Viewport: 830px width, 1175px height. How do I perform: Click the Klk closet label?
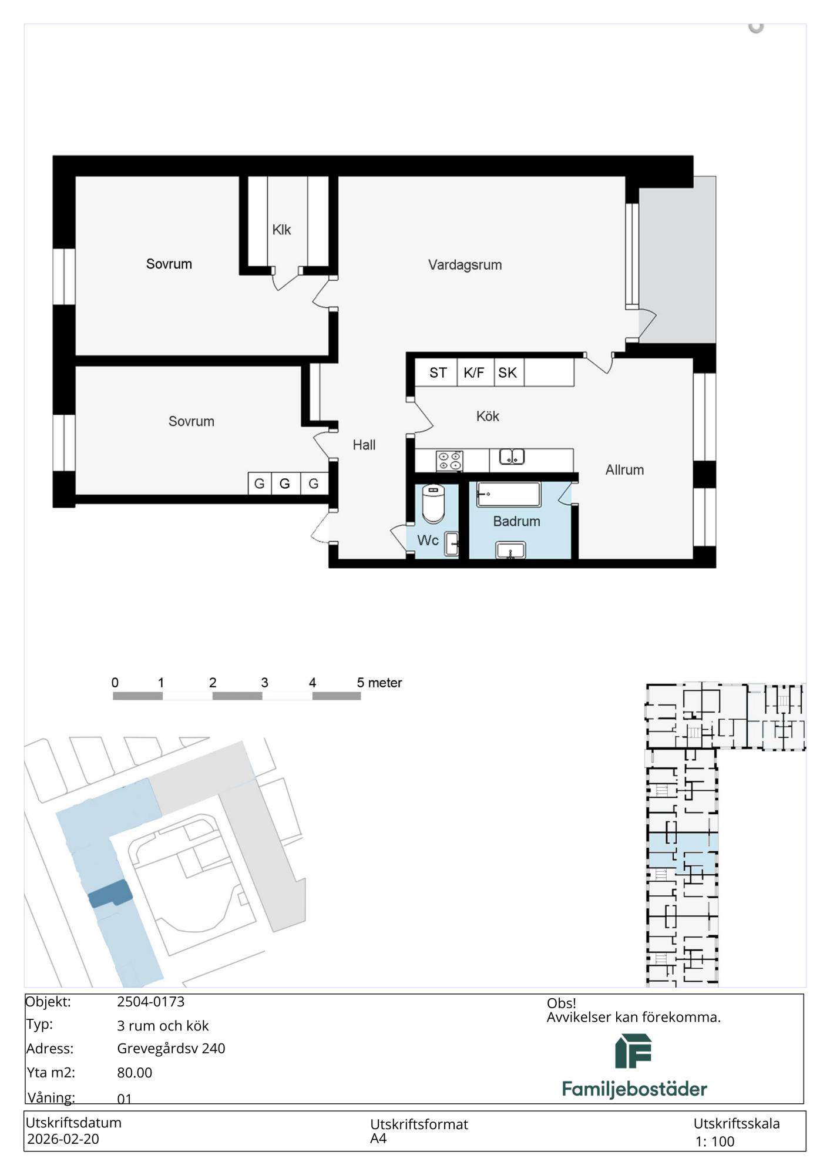(x=281, y=230)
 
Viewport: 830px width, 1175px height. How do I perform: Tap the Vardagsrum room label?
(x=465, y=265)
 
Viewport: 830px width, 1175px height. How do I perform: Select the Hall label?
(x=364, y=445)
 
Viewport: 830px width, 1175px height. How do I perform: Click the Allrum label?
(x=624, y=470)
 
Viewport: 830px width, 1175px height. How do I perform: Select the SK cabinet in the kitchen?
(x=509, y=372)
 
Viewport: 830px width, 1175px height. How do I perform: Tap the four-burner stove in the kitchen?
(x=449, y=461)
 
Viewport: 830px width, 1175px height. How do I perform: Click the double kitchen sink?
(x=512, y=456)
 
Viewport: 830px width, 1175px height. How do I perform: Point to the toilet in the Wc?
(x=434, y=503)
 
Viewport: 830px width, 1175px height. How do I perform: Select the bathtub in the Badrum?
(x=509, y=495)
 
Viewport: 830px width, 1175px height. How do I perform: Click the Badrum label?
(x=516, y=522)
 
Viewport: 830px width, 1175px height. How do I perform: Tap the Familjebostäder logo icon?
(x=634, y=1051)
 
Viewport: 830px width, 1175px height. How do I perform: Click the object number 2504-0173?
(x=151, y=1002)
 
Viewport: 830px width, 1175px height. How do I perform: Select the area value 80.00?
(x=135, y=1073)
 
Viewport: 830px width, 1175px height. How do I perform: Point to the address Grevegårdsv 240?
(x=171, y=1049)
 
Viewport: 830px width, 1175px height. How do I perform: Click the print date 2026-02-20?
(x=63, y=1139)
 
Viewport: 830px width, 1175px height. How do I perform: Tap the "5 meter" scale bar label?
(x=379, y=683)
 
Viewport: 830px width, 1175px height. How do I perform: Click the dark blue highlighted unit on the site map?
(x=110, y=894)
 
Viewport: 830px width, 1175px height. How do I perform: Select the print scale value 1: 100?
(x=715, y=1142)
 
